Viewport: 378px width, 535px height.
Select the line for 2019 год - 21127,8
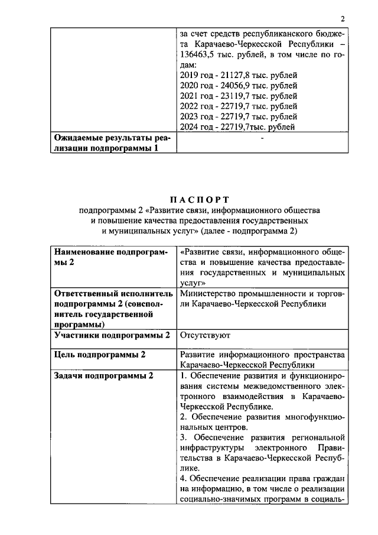[x=237, y=75]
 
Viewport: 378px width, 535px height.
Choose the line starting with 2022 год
[x=237, y=106]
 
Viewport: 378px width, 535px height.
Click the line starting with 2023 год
[x=237, y=116]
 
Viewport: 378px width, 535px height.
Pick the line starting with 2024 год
[x=237, y=127]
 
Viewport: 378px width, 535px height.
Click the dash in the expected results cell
[x=261, y=138]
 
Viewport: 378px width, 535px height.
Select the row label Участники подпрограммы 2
[x=112, y=335]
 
